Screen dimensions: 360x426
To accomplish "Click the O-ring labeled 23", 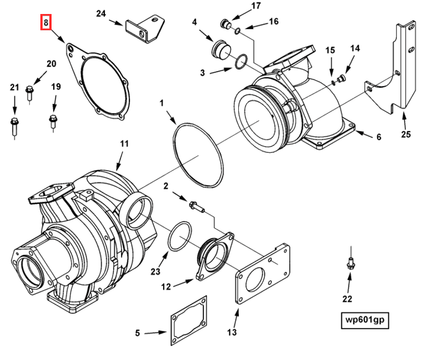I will pos(179,237).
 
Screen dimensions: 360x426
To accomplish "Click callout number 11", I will pos(124,144).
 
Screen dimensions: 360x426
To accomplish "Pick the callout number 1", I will pos(161,103).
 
